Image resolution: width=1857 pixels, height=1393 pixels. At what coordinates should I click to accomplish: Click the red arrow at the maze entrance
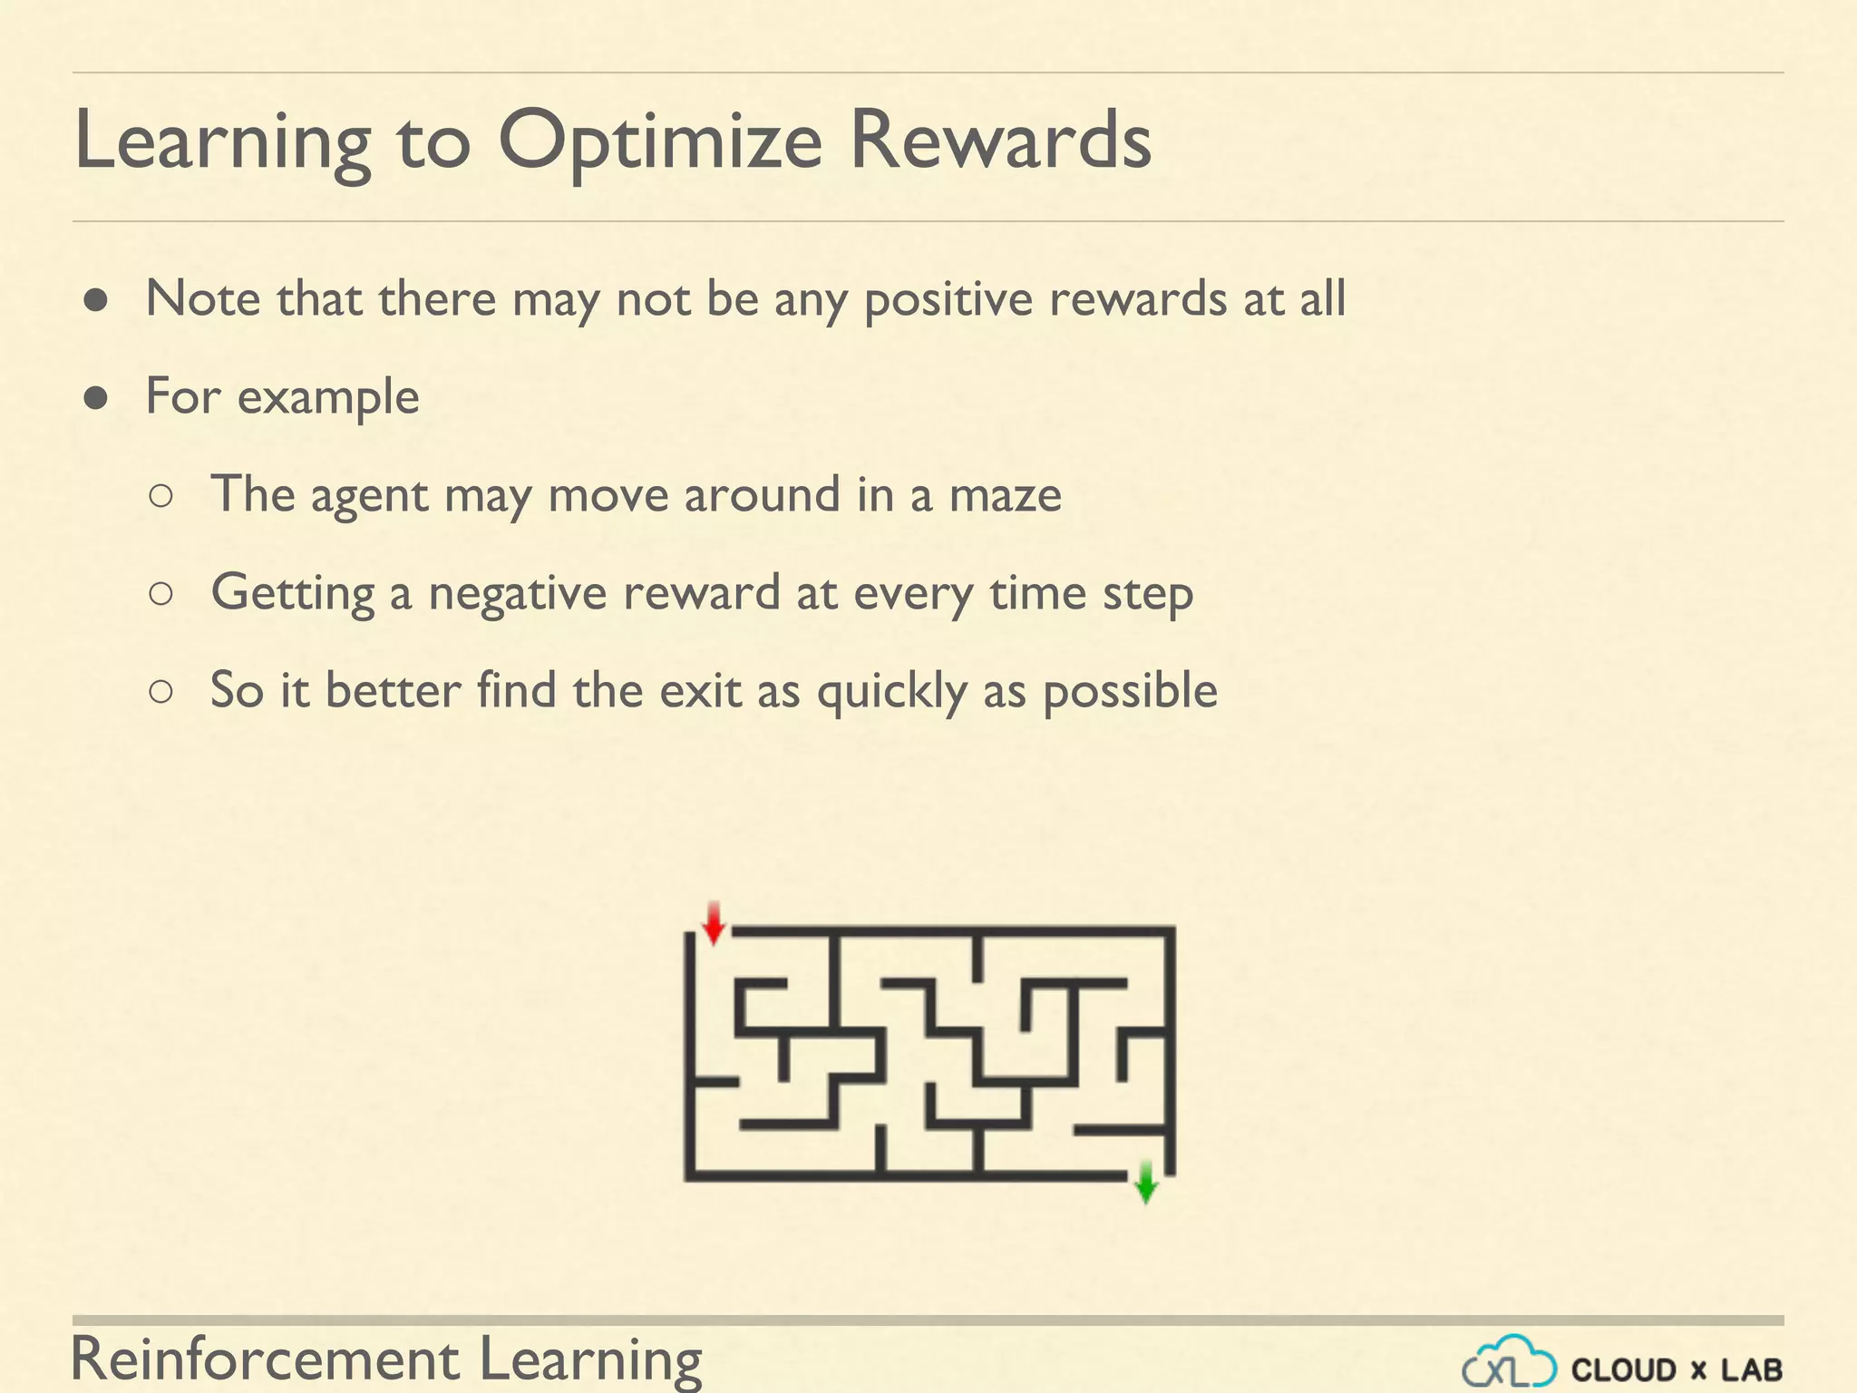(x=714, y=923)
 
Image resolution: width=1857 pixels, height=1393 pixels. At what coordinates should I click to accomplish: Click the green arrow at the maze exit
(x=1145, y=1182)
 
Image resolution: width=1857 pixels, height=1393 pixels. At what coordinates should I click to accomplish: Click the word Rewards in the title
(x=1000, y=141)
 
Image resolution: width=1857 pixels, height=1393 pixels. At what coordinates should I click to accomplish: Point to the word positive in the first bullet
(x=948, y=300)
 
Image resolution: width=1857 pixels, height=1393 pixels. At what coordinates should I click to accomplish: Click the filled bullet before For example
(x=97, y=398)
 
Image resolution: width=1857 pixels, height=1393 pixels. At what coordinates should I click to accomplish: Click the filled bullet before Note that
(x=97, y=300)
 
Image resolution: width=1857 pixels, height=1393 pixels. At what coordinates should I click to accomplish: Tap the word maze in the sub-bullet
(x=1005, y=496)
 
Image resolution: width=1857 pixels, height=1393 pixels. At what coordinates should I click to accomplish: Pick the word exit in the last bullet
(x=700, y=691)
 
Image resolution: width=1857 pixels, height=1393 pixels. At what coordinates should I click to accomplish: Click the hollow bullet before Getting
(x=160, y=594)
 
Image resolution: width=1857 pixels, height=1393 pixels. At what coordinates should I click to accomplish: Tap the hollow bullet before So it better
(x=160, y=692)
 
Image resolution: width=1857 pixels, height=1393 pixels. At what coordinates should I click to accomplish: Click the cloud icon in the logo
(x=1510, y=1363)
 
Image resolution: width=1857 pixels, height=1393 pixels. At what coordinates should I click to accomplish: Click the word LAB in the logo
(x=1751, y=1369)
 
